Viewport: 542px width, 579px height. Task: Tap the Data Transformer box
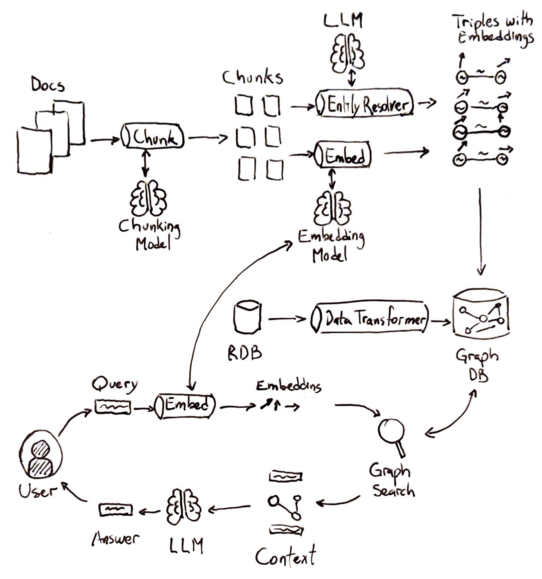click(x=369, y=319)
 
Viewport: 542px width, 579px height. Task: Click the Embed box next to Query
click(x=185, y=405)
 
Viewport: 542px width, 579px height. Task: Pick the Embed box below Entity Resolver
click(x=343, y=155)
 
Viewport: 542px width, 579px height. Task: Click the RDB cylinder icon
click(x=247, y=317)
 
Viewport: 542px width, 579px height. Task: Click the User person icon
click(x=41, y=456)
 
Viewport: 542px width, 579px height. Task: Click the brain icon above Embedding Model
click(x=332, y=209)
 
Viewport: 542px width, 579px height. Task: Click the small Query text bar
click(x=113, y=407)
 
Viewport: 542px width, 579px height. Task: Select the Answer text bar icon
click(x=115, y=510)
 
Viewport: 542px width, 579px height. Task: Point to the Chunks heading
click(x=252, y=77)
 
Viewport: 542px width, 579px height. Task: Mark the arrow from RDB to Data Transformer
click(x=286, y=319)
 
